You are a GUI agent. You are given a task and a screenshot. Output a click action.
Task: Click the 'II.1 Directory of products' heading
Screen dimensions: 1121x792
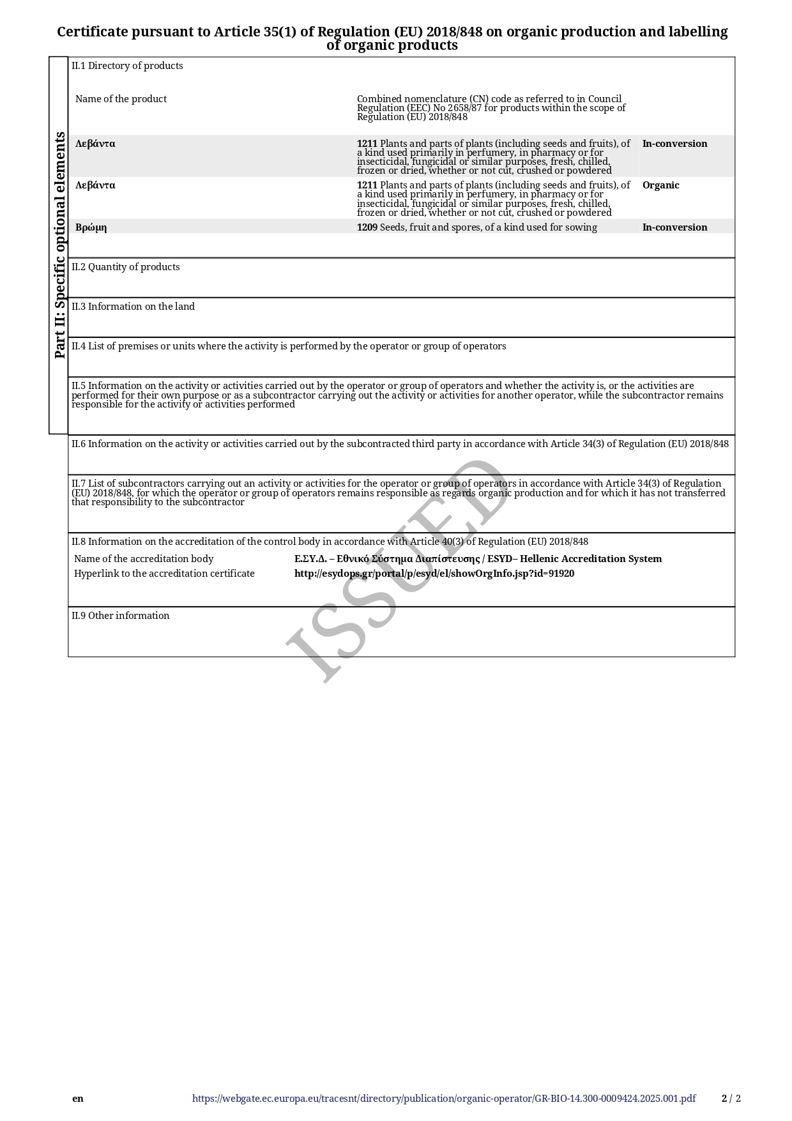click(x=127, y=66)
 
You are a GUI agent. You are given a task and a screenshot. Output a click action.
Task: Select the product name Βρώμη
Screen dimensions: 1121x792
click(x=91, y=227)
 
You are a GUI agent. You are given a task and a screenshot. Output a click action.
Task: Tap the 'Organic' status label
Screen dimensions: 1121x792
click(x=660, y=185)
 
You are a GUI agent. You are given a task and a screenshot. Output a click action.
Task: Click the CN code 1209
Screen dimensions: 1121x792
click(x=367, y=227)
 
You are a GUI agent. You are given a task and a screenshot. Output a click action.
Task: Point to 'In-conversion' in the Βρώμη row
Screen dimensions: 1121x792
click(x=674, y=227)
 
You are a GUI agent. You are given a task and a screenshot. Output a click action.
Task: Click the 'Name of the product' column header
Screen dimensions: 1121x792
click(x=121, y=99)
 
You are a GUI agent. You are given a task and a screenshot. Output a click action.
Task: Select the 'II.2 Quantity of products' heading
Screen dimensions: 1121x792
click(x=126, y=267)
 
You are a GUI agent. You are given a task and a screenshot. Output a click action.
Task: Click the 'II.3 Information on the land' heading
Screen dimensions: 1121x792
click(x=133, y=307)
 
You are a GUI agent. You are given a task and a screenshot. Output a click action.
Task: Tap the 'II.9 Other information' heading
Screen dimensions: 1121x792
click(x=120, y=616)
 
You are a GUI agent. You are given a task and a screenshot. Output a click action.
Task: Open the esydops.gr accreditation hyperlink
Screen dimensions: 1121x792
click(x=434, y=574)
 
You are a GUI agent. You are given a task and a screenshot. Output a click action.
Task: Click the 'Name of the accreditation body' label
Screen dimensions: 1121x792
click(x=144, y=559)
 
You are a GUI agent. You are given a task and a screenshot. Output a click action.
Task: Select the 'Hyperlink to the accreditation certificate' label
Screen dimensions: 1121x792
click(x=164, y=574)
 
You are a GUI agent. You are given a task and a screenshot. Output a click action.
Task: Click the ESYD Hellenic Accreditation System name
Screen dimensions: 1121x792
click(x=478, y=559)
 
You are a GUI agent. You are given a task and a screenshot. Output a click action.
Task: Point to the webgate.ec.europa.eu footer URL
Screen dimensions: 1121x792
click(x=444, y=1099)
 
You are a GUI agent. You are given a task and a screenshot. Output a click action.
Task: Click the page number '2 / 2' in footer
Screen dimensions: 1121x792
click(x=731, y=1099)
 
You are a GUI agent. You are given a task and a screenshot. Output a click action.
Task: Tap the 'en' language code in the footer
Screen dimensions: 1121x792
click(x=78, y=1099)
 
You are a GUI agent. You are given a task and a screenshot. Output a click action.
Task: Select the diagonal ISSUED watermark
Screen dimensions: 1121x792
click(x=396, y=572)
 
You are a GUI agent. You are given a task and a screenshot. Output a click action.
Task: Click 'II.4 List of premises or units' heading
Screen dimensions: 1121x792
click(x=289, y=346)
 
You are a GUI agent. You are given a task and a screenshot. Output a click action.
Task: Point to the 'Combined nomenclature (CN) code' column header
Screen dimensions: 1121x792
click(x=491, y=107)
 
